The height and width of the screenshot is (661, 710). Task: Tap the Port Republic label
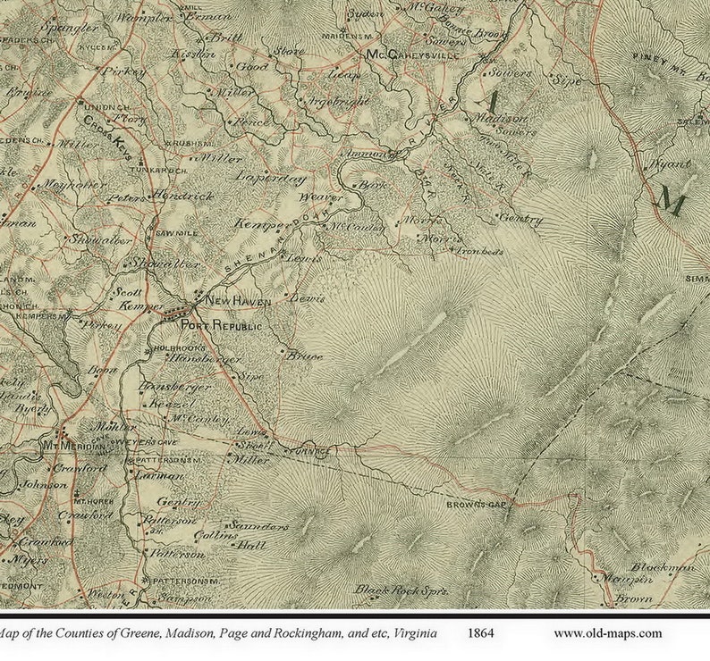(221, 327)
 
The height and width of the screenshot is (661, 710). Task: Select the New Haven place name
(238, 302)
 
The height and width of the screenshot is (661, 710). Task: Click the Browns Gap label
(472, 506)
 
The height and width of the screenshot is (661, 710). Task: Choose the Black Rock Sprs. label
(400, 590)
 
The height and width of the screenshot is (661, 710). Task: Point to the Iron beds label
(480, 253)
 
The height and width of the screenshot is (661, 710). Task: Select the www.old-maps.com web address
(607, 633)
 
